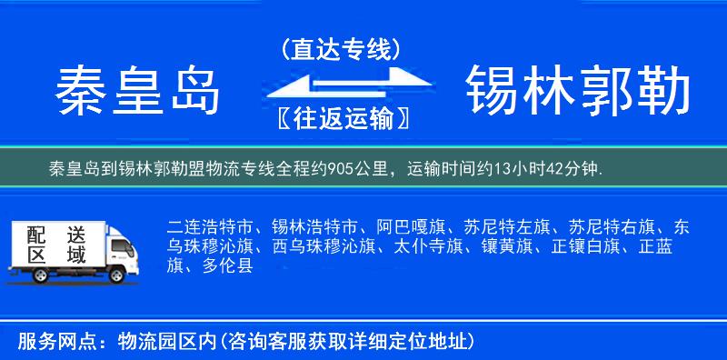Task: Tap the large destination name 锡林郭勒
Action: (578, 91)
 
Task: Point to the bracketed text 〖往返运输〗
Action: (342, 118)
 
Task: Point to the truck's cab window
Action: (116, 245)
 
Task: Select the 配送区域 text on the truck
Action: (54, 244)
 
